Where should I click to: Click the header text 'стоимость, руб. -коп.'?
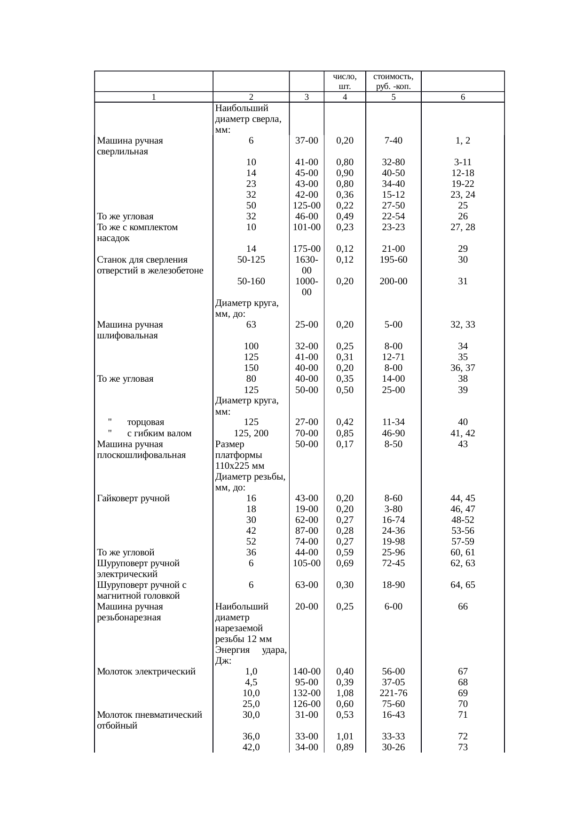coord(394,81)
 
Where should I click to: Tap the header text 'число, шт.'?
coord(345,81)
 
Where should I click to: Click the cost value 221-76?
coord(394,693)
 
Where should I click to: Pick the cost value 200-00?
coord(394,281)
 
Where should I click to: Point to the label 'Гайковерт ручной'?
coord(133,498)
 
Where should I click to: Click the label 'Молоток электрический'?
coord(146,671)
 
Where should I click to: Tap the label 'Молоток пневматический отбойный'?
coord(149,720)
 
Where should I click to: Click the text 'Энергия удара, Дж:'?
coord(251,655)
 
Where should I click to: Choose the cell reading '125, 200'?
coord(251,433)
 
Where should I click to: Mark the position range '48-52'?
coord(463,520)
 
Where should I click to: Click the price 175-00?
coord(307,249)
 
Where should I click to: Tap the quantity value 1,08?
coord(345,693)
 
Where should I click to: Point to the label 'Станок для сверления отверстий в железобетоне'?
coord(150,265)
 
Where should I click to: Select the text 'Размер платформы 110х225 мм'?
coord(240,455)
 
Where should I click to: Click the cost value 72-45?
coord(394,563)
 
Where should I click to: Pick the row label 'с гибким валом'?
coord(159,433)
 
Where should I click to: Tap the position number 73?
coord(463,747)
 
